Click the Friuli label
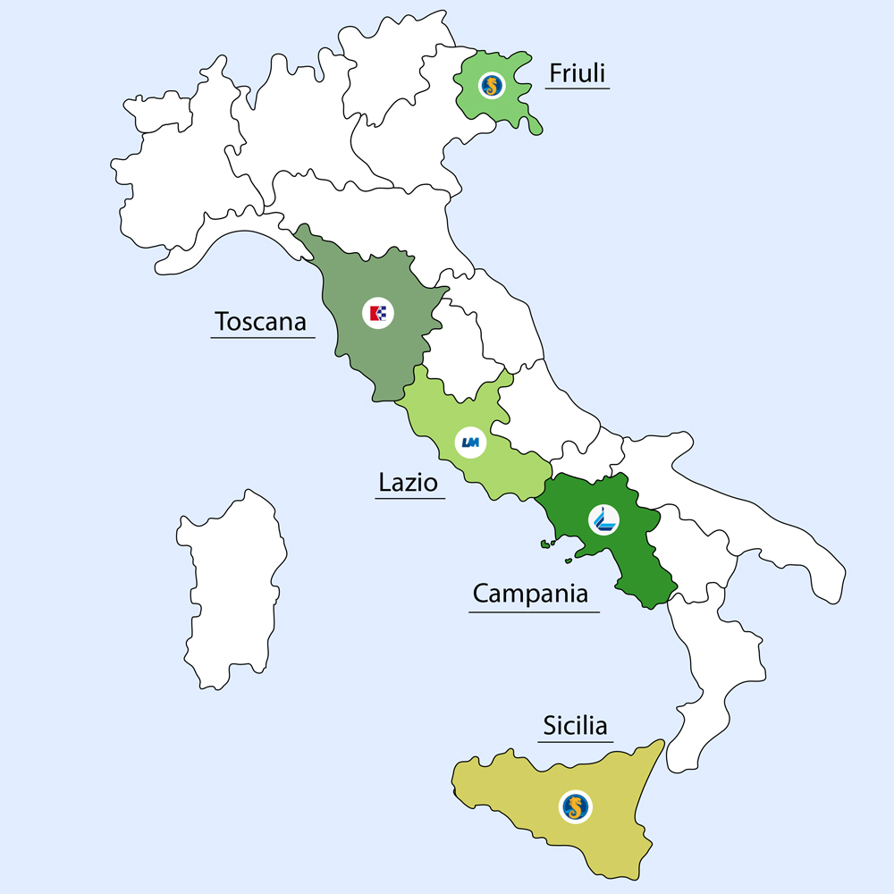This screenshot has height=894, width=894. tap(578, 73)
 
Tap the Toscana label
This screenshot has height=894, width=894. tap(260, 320)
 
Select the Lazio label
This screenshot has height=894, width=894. tap(408, 484)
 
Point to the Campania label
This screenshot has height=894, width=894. tap(530, 594)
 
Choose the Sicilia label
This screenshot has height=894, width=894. tap(576, 726)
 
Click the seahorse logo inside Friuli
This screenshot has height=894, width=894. tap(491, 86)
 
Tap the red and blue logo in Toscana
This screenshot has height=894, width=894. tap(378, 313)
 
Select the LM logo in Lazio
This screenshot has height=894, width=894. tap(469, 442)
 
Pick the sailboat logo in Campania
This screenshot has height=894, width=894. tap(604, 519)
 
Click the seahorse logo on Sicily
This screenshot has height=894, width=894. tap(576, 807)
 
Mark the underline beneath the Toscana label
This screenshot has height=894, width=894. tap(263, 337)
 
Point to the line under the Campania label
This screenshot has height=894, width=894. tap(534, 611)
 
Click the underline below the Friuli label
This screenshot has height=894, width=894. tap(577, 89)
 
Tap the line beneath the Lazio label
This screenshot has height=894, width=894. tap(409, 498)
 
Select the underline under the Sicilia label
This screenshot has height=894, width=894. tap(576, 741)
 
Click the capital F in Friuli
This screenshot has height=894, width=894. tap(554, 73)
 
